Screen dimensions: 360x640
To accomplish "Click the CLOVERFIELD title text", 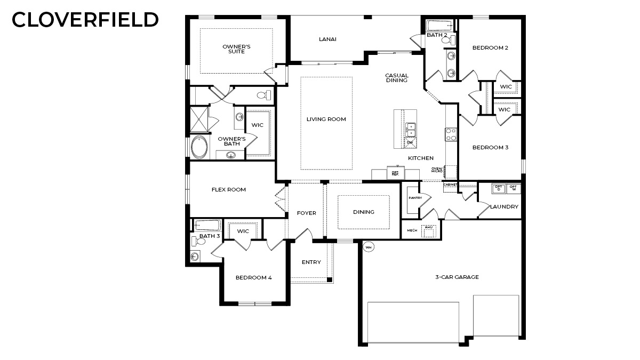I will pos(85,20).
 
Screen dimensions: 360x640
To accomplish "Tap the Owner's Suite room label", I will pos(236,49).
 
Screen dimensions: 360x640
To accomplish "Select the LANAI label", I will pos(327,39).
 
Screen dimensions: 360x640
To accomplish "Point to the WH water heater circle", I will pos(368,247).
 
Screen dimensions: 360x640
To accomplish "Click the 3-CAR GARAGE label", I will pos(456,277).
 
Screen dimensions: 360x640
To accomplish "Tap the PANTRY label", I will pos(415,198).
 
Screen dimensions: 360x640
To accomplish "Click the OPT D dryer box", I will pos(498,188).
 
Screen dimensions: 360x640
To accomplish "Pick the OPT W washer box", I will pos(513,188).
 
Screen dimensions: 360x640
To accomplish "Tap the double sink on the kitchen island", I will pos(411,129).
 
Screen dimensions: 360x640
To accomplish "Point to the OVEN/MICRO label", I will pos(437,170).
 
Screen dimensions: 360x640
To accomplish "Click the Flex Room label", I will pos(228,189).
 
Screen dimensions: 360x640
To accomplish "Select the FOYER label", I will pos(306,213).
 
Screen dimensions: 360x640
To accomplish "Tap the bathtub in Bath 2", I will pos(439,25).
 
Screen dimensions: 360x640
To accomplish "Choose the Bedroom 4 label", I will pos(254,277).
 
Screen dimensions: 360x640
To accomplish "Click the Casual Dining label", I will pos(396,78).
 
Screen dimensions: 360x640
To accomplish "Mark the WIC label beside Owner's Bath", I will pos(258,125).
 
